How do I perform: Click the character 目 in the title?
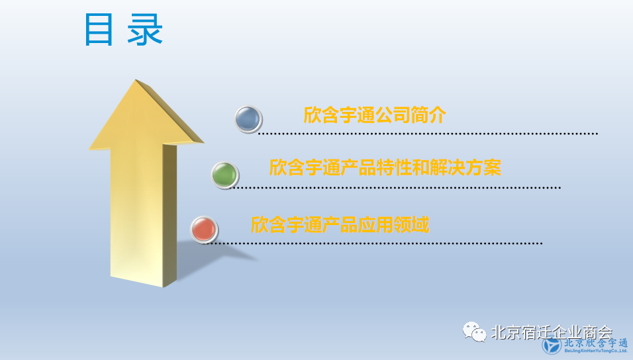99,30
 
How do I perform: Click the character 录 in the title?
145,30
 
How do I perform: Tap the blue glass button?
248,119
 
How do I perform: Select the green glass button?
225,175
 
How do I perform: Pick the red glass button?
205,230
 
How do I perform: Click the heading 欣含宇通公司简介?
375,115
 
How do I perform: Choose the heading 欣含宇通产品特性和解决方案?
385,167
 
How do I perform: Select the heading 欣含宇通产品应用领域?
340,225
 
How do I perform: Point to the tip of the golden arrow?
136,79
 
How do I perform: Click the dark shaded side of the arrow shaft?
170,214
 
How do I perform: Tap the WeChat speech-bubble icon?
474,332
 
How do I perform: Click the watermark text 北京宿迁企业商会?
552,333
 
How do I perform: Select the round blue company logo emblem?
552,345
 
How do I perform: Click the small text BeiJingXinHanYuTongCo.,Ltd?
596,351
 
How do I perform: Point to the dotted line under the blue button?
428,134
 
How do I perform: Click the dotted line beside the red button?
375,244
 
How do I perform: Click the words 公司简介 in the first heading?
411,115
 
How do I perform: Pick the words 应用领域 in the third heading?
393,225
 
